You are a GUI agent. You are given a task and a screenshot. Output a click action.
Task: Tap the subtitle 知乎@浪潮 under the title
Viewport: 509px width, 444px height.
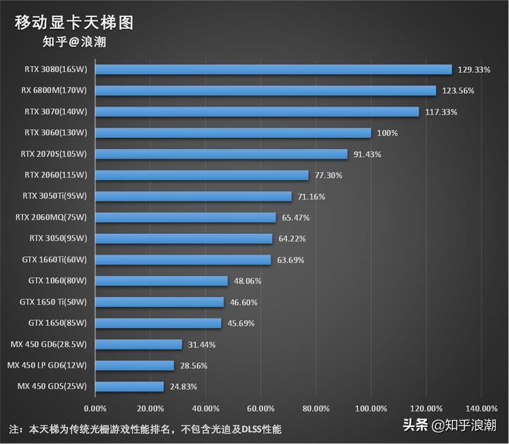click(74, 42)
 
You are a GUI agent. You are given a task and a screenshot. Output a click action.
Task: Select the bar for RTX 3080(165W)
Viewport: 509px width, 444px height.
click(273, 69)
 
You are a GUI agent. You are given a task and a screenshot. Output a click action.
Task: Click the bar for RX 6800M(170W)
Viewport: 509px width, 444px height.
click(265, 90)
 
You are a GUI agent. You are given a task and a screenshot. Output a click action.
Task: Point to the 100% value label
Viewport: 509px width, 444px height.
click(387, 133)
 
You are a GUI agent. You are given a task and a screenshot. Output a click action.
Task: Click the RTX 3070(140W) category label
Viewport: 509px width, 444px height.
click(55, 112)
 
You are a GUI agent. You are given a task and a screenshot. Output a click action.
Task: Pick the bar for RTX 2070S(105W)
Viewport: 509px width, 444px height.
click(221, 154)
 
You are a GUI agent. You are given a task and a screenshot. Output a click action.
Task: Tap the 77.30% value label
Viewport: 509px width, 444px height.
click(329, 175)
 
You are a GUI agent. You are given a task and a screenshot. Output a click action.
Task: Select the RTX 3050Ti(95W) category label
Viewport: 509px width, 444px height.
click(54, 196)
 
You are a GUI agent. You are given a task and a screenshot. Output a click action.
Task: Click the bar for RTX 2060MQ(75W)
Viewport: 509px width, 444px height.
click(185, 218)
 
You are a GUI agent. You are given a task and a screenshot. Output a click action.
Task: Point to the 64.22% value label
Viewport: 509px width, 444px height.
click(293, 239)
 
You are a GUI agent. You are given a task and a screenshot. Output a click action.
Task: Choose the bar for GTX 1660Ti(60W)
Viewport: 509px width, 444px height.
click(183, 259)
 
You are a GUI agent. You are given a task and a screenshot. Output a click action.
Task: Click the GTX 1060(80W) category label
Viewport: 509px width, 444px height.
click(57, 281)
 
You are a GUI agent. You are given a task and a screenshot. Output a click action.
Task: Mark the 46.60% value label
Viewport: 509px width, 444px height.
click(244, 303)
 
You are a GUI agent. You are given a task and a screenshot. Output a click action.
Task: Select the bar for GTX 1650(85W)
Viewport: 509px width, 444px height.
click(158, 323)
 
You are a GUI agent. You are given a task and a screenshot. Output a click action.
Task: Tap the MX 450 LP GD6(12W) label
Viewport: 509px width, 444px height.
click(47, 366)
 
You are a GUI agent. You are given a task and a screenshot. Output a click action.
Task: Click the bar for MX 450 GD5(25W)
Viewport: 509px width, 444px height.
click(129, 387)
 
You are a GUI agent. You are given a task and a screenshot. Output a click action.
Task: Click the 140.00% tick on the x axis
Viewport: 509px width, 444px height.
click(481, 409)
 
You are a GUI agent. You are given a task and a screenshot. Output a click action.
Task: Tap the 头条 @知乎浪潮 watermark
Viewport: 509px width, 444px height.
click(450, 426)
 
